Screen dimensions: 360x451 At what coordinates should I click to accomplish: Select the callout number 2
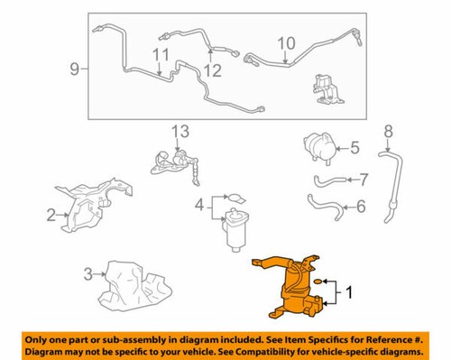coord(51,214)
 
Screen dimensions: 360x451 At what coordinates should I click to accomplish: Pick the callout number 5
coord(354,146)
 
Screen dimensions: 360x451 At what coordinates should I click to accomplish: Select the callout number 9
coord(75,66)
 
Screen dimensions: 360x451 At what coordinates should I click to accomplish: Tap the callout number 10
coord(286,42)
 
